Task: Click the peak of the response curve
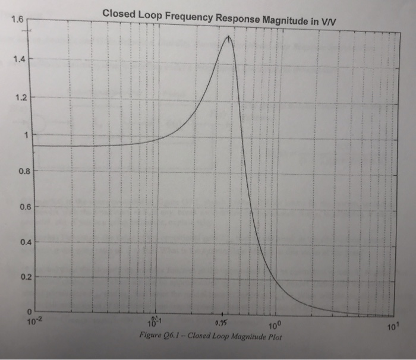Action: coord(228,37)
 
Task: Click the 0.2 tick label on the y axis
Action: coord(23,277)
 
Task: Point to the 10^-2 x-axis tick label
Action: coord(30,322)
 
